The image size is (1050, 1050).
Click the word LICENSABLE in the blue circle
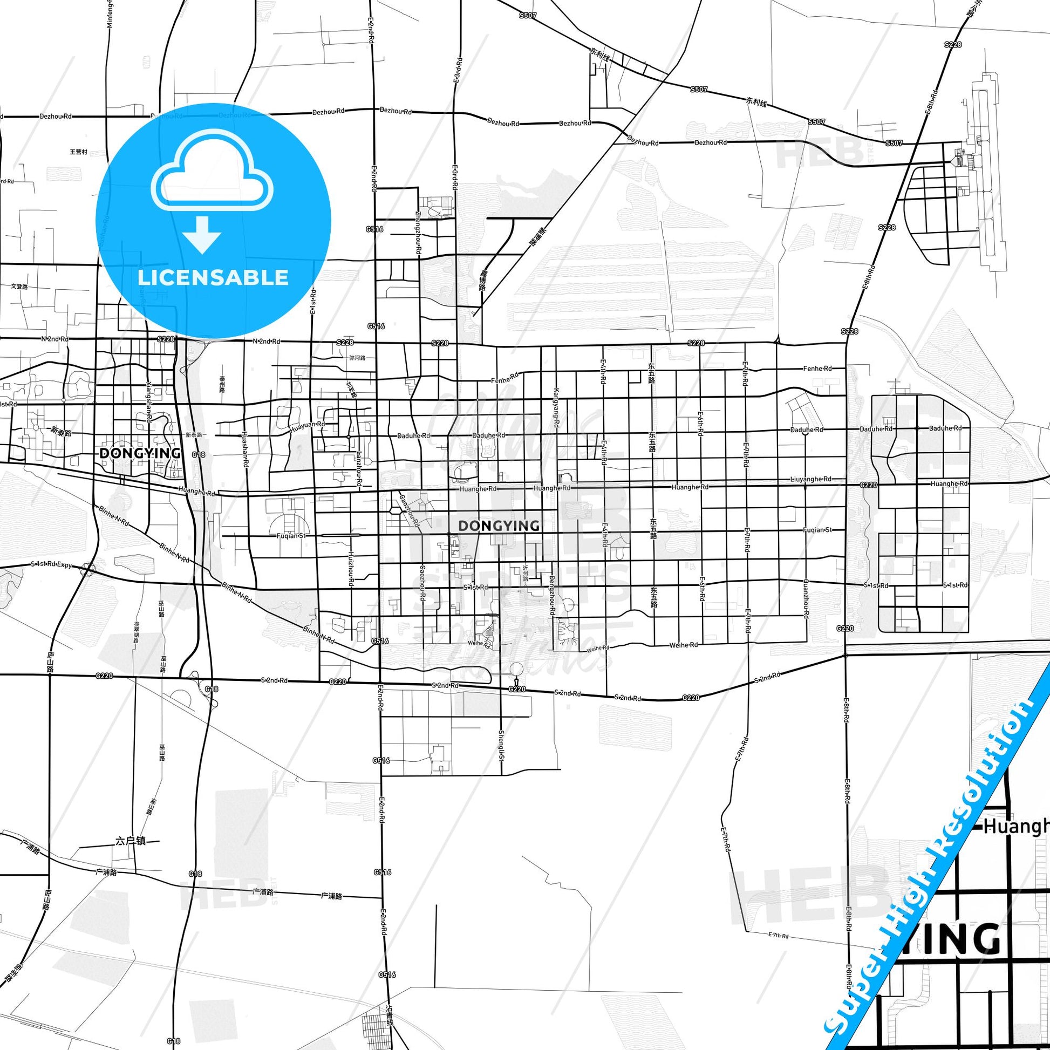(213, 277)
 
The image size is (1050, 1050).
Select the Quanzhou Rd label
(806, 598)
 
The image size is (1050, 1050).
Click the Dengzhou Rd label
(552, 595)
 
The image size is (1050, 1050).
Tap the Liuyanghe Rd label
(810, 479)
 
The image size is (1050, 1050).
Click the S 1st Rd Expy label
(52, 565)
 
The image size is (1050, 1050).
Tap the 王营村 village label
(79, 152)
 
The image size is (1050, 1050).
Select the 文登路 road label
(19, 286)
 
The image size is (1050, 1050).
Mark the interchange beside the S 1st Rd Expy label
(87, 570)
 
